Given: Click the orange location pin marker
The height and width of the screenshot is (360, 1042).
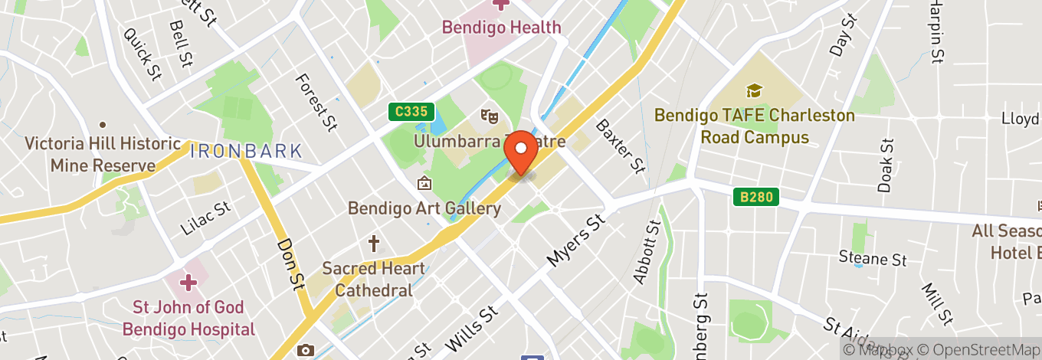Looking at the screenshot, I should (x=523, y=154).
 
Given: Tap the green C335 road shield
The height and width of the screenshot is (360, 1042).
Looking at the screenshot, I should (x=411, y=112).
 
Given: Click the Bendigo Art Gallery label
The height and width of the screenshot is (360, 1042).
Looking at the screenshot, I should (x=424, y=208).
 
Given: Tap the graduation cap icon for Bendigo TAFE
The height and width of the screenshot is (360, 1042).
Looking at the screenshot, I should (x=754, y=91).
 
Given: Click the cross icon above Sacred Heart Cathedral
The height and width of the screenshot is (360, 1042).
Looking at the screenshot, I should (x=374, y=244).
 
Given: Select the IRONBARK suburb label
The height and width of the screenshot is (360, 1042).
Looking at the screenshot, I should (x=246, y=150).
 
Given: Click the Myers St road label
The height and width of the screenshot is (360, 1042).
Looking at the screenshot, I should (x=575, y=240).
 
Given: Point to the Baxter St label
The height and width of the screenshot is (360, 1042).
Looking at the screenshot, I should (x=621, y=146).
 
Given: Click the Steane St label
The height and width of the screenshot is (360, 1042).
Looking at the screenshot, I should (x=872, y=259).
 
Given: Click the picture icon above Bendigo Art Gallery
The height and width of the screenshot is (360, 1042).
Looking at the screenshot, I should (x=424, y=184).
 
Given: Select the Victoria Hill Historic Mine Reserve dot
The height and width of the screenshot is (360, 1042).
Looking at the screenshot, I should (x=102, y=125).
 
